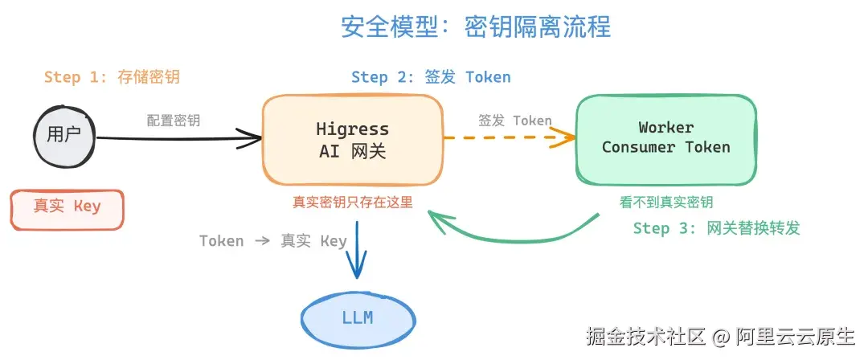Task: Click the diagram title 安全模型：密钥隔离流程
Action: (476, 27)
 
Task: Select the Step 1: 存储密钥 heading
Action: (112, 77)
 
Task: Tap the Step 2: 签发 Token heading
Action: (431, 77)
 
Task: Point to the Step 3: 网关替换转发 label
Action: (716, 228)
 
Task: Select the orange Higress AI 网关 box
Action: (352, 139)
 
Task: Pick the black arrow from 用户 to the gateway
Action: (177, 139)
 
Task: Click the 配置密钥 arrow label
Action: (174, 121)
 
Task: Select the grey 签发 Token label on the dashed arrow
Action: (514, 121)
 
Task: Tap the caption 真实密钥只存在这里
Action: (352, 202)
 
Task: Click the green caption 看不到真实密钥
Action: (666, 202)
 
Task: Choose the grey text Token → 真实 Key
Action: (272, 241)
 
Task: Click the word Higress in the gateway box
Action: (352, 129)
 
